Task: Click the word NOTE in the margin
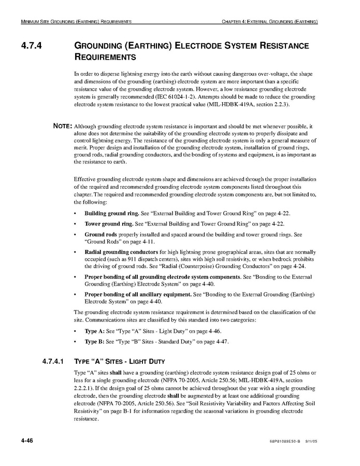[63, 126]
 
